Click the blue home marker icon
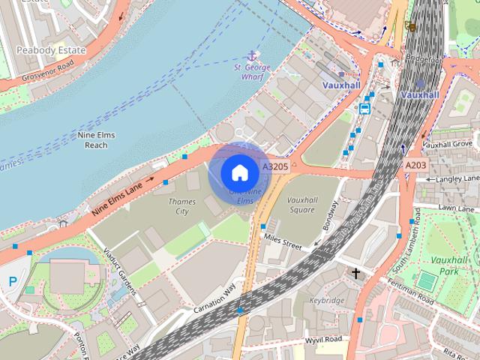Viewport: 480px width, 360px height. pos(239,173)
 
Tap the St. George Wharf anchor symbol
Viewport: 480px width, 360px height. pos(251,55)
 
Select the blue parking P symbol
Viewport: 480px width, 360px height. pos(13,281)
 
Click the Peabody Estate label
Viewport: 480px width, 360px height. pos(51,50)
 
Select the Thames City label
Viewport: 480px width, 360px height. pos(181,206)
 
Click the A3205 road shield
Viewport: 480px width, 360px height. pos(275,166)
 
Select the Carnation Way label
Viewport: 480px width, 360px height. pos(214,298)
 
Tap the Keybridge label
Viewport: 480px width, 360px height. pos(326,300)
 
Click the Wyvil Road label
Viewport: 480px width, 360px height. pos(323,340)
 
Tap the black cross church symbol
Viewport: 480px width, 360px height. pos(355,273)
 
